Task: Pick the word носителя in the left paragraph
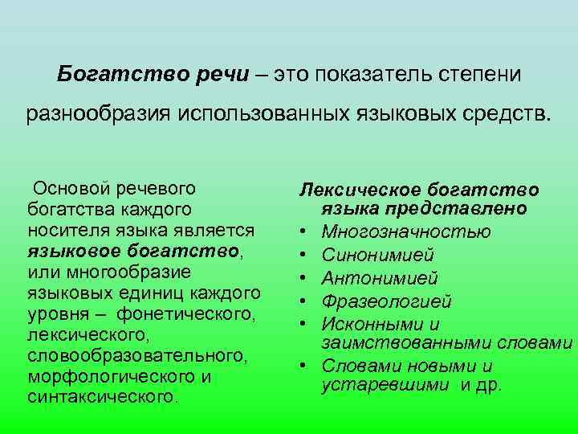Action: pos(64,230)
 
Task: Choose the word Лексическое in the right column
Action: pos(350,190)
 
